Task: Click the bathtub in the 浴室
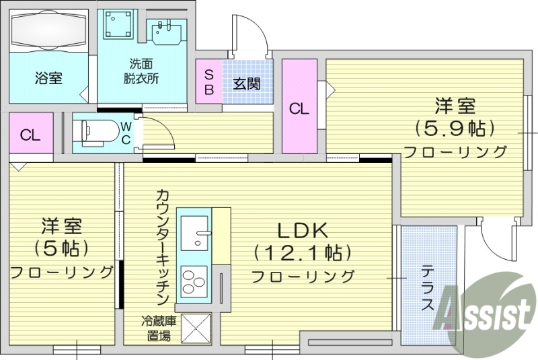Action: [x=48, y=31]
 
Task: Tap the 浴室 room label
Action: [x=48, y=78]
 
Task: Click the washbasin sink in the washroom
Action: [x=165, y=32]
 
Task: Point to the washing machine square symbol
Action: [x=119, y=26]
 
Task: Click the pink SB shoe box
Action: [x=208, y=81]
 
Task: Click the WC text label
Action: [x=126, y=133]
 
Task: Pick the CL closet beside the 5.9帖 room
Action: [x=299, y=108]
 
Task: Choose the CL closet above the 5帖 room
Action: [x=30, y=135]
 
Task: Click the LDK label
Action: [x=302, y=231]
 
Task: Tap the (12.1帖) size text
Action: [x=303, y=253]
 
